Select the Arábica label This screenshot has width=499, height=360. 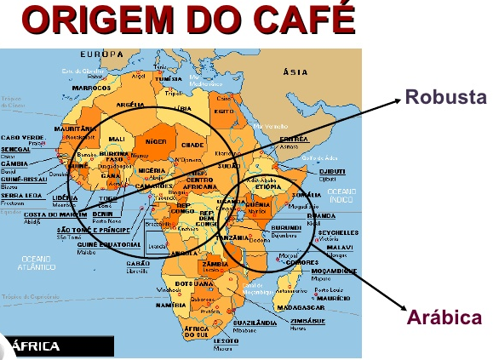tap(445, 318)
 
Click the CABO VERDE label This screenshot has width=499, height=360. tap(23, 136)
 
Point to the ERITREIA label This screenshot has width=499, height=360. tap(294, 138)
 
